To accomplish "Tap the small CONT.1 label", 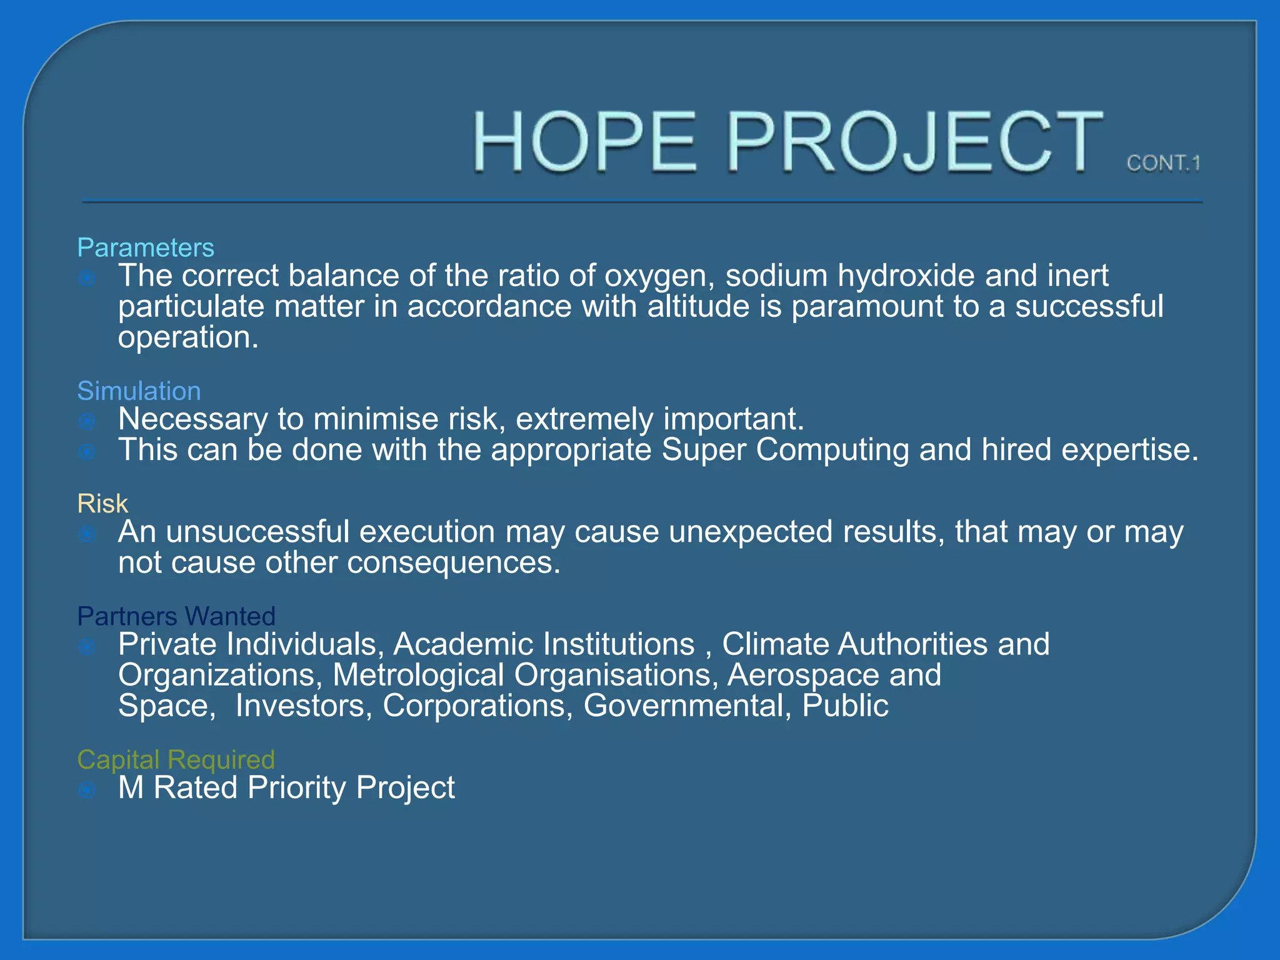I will (1163, 163).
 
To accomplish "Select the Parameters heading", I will (145, 248).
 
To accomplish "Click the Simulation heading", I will (139, 391).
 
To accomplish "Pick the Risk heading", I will (102, 504).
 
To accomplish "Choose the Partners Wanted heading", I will (176, 616).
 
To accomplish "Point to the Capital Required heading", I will (176, 760).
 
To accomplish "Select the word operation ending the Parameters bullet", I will (187, 338).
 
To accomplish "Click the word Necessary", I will (192, 419).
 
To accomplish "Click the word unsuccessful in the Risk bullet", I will (257, 532).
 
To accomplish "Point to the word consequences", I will (453, 562).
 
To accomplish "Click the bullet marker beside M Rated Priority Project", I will (87, 790).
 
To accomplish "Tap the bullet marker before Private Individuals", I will (87, 646).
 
